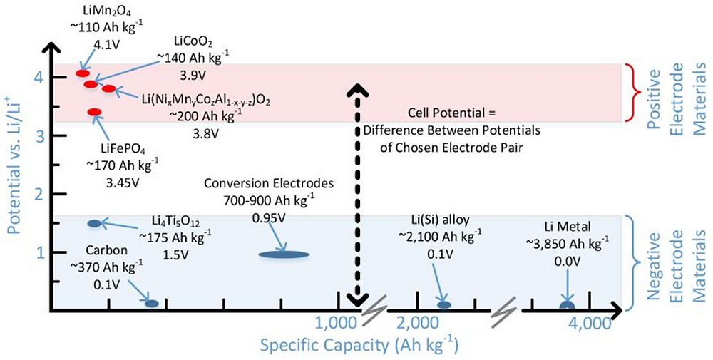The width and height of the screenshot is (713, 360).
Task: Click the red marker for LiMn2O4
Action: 83,73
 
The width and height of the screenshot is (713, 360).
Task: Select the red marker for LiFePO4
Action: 94,113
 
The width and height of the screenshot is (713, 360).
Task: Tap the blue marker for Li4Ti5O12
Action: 94,223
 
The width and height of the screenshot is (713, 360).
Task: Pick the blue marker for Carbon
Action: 152,304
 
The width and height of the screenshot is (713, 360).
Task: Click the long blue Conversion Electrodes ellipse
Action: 283,254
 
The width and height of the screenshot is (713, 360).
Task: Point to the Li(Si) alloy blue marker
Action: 444,305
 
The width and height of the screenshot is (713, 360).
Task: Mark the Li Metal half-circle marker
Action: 567,306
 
